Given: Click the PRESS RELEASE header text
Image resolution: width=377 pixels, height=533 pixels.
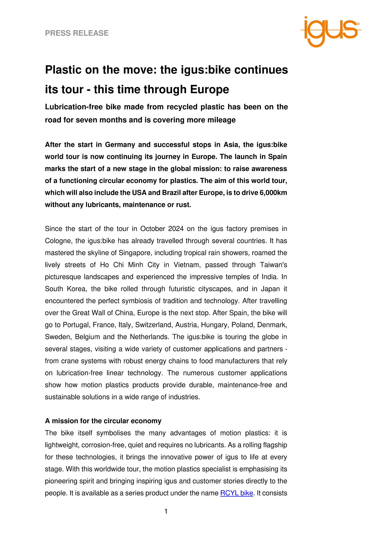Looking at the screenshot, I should tap(77, 33).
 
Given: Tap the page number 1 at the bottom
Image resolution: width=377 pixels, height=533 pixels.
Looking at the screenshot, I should tap(166, 511).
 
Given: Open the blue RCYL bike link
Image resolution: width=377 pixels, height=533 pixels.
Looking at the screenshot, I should tap(236, 493).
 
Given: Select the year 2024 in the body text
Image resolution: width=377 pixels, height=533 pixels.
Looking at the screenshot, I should tap(176, 229).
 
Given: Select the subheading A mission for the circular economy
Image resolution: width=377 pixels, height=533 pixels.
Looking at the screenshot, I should tap(103, 421).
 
